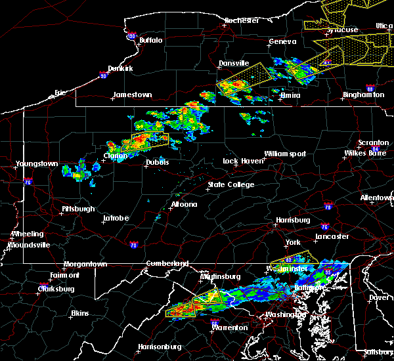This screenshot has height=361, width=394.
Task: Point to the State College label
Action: click(x=231, y=185)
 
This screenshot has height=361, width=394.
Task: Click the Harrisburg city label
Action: click(x=292, y=220)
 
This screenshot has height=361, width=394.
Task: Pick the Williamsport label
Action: click(x=286, y=154)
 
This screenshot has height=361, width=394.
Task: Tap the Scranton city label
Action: click(x=374, y=143)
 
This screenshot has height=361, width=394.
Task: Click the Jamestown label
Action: click(x=132, y=95)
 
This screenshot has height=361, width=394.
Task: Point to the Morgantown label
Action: click(x=85, y=265)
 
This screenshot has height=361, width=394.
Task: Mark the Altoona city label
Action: click(x=184, y=204)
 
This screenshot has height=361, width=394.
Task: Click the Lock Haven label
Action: click(x=240, y=161)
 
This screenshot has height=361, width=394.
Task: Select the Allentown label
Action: click(x=377, y=198)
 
